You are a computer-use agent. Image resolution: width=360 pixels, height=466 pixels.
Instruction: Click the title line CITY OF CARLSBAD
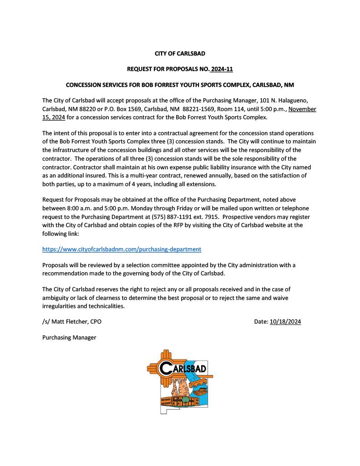pyautogui.click(x=180, y=54)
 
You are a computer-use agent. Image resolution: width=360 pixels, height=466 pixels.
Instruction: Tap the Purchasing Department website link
pyautogui.click(x=122, y=249)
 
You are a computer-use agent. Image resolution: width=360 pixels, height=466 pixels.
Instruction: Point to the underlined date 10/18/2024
pyautogui.click(x=285, y=322)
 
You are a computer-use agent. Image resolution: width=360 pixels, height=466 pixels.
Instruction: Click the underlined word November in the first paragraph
pyautogui.click(x=302, y=109)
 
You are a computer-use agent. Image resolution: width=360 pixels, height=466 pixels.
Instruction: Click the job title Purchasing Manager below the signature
pyautogui.click(x=69, y=338)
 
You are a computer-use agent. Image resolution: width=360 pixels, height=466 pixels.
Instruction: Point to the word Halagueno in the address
pyautogui.click(x=295, y=100)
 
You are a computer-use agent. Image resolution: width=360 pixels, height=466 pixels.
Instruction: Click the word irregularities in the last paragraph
pyautogui.click(x=58, y=306)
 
